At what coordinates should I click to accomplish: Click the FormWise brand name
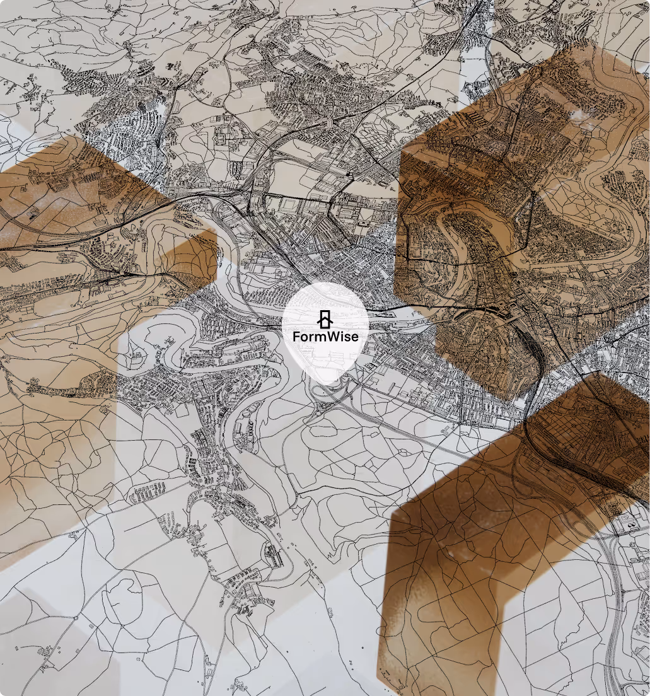point(325,337)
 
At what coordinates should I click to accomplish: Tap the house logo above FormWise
point(325,319)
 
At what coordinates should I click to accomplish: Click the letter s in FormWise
point(347,337)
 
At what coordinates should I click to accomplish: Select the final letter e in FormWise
point(354,337)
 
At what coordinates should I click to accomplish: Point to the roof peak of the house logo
point(325,311)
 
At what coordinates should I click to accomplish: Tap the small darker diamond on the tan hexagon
point(189,258)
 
